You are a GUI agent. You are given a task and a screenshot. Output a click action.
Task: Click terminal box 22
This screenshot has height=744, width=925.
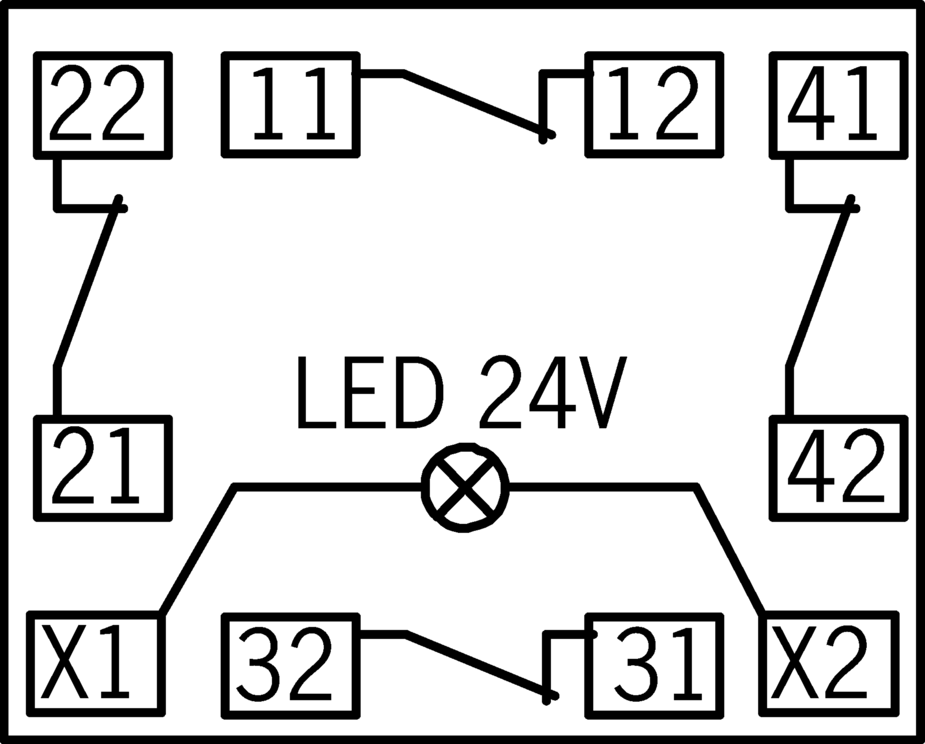pyautogui.click(x=103, y=105)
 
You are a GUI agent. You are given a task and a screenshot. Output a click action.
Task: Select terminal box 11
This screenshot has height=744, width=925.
pyautogui.click(x=291, y=105)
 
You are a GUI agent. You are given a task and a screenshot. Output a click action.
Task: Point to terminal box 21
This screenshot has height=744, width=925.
pyautogui.click(x=103, y=468)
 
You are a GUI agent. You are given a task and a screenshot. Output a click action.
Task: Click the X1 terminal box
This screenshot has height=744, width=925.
pyautogui.click(x=96, y=664)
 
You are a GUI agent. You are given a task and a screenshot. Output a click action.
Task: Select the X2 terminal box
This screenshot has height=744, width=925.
pyautogui.click(x=829, y=664)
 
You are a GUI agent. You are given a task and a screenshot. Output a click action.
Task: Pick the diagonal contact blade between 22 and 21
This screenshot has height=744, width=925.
pyautogui.click(x=86, y=289)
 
